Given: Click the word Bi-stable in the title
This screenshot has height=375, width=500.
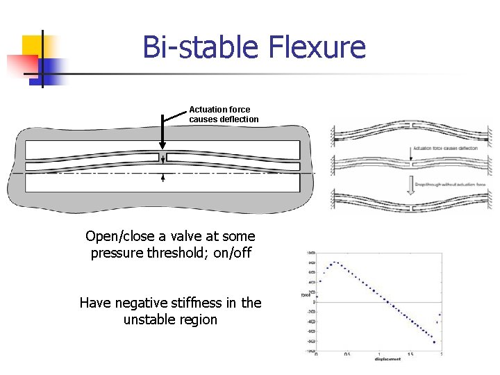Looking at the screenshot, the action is [x=197, y=48].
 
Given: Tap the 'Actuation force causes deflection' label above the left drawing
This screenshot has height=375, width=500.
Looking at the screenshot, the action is [x=224, y=114].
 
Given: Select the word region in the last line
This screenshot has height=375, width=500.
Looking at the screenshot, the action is [x=197, y=319].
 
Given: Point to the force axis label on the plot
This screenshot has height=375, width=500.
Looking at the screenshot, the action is [x=303, y=294].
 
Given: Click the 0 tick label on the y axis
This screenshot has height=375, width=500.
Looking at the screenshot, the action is [x=314, y=302].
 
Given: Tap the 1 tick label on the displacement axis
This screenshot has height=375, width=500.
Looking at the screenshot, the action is [x=379, y=354].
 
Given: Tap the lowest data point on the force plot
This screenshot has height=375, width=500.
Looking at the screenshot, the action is [x=434, y=342].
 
